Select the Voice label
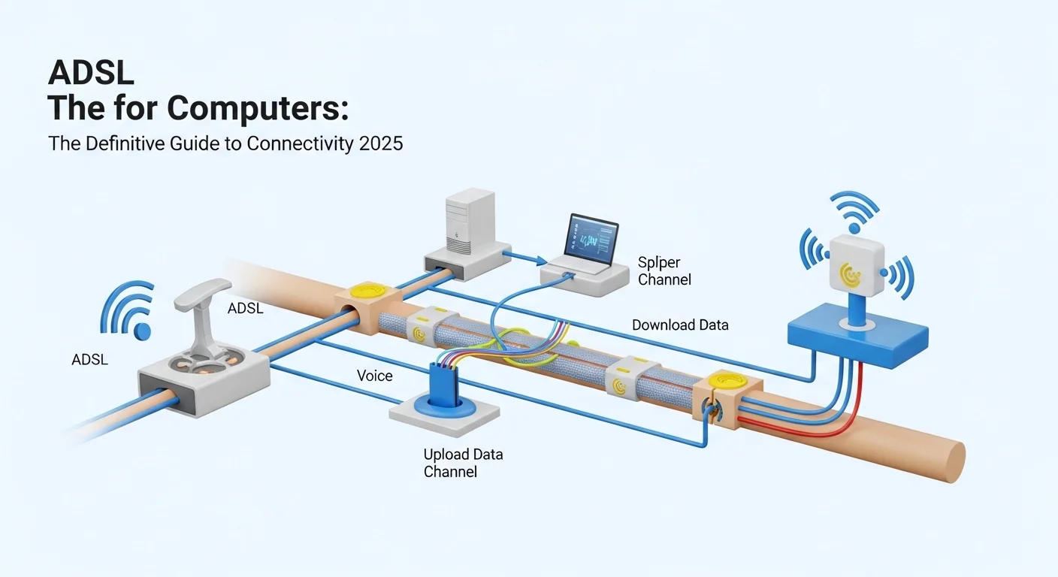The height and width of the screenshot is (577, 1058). pyautogui.click(x=374, y=375)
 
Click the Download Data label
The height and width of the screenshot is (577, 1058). pyautogui.click(x=680, y=325)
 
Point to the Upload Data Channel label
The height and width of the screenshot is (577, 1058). pyautogui.click(x=463, y=463)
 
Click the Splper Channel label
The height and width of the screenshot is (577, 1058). pyautogui.click(x=664, y=271)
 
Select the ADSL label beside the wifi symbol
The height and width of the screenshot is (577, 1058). pyautogui.click(x=90, y=360)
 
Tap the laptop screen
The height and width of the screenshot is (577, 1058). pyautogui.click(x=592, y=241)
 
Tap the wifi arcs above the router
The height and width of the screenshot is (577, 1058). pyautogui.click(x=853, y=207)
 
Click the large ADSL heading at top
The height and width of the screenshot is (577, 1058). pyautogui.click(x=92, y=73)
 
